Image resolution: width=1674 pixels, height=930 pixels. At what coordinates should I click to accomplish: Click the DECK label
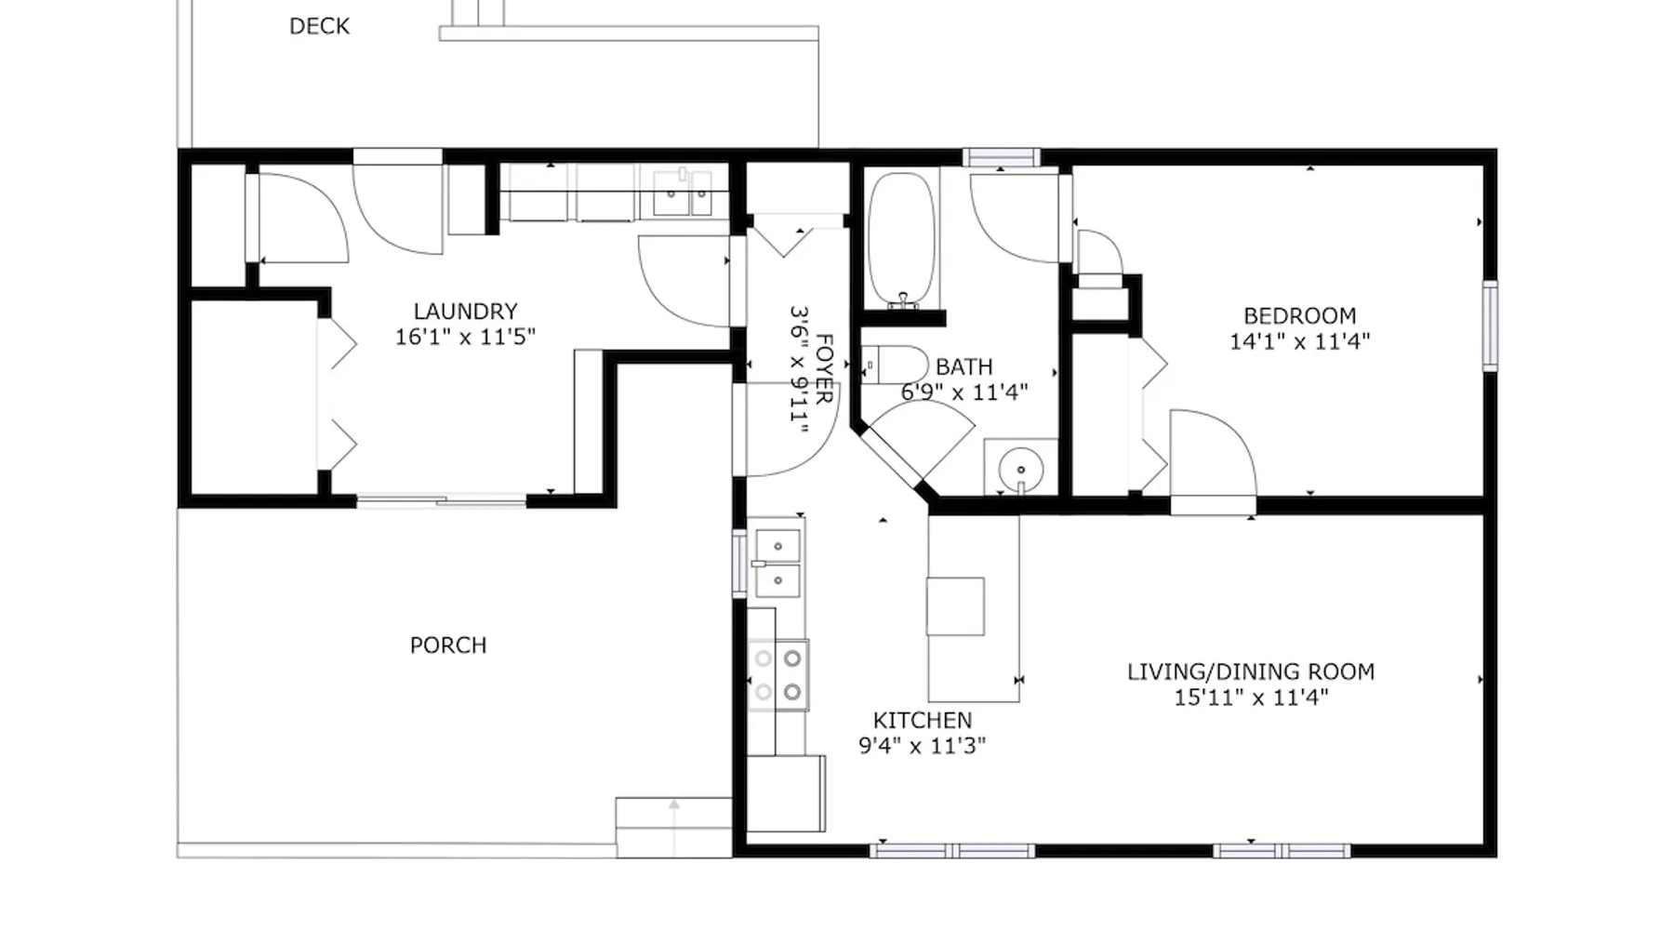319,26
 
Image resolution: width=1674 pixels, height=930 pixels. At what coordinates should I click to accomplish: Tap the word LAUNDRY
465,312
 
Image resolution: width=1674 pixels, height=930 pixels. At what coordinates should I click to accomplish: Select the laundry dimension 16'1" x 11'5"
465,337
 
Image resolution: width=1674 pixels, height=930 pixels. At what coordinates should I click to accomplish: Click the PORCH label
448,645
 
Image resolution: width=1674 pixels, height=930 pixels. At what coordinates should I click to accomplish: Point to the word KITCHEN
923,721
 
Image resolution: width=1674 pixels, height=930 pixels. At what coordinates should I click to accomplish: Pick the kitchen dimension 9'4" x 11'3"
922,746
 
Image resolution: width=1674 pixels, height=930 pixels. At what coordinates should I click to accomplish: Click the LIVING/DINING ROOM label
1251,671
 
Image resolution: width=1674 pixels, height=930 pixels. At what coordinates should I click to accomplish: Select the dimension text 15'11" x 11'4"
1251,697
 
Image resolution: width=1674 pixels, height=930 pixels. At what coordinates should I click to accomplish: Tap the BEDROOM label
1299,316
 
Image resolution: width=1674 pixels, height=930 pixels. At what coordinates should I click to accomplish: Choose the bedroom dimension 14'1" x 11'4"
1299,341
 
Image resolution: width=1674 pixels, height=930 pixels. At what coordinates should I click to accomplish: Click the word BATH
964,367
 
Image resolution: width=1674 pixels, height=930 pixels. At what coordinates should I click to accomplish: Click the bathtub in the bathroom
901,240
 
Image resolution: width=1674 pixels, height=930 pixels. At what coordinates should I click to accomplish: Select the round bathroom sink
1021,468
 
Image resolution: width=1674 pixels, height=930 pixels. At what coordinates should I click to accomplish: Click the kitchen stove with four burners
778,674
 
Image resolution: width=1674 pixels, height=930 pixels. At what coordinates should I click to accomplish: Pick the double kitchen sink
777,564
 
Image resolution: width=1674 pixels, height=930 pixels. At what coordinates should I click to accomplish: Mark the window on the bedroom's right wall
1490,326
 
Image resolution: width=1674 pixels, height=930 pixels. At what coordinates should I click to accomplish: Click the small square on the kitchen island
955,606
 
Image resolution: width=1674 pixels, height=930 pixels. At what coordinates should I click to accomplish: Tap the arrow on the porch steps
674,828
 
